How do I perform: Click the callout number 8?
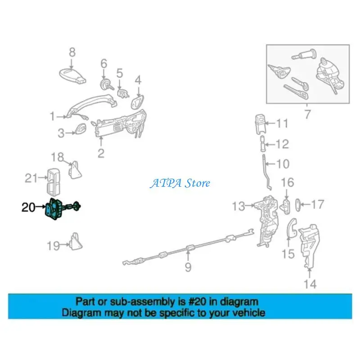72,53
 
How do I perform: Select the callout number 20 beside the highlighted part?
28,207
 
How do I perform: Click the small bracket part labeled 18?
75,169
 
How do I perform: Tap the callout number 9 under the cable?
188,268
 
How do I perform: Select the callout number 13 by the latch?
238,207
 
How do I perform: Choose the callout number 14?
310,284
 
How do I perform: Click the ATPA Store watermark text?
180,183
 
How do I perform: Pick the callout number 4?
138,81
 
